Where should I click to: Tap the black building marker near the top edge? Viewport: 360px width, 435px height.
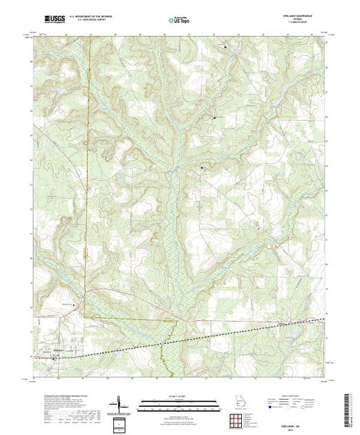(225, 46)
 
